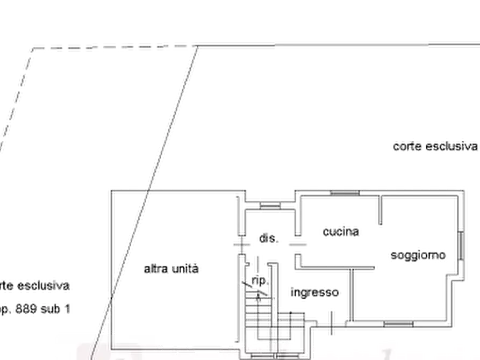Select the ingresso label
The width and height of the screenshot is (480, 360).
(315, 293)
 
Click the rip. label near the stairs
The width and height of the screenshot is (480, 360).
(259, 279)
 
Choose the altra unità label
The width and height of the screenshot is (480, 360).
(172, 269)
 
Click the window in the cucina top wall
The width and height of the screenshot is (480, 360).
(344, 195)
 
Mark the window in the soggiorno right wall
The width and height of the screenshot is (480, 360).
(461, 245)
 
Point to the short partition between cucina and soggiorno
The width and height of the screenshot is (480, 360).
(382, 213)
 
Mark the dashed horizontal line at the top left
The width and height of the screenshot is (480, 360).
(108, 47)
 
